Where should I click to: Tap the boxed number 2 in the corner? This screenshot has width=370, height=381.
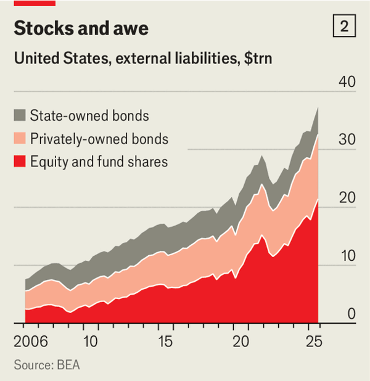click(343, 27)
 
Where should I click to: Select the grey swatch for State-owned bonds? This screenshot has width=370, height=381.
click(20, 115)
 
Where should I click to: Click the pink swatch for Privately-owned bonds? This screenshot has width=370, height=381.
click(20, 139)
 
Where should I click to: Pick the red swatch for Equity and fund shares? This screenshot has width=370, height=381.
click(20, 162)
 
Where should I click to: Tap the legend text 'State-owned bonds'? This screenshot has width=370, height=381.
click(89, 115)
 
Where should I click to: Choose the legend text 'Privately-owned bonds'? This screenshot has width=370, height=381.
click(99, 139)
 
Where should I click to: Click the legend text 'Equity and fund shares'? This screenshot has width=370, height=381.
click(99, 162)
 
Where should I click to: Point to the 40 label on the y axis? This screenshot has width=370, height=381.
click(347, 82)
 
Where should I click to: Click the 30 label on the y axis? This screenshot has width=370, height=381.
click(347, 140)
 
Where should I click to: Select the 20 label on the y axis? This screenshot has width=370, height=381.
click(347, 198)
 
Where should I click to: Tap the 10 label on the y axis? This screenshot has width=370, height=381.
click(347, 256)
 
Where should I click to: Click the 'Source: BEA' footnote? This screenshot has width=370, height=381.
click(47, 365)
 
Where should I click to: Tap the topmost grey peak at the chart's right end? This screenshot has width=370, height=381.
click(318, 109)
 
